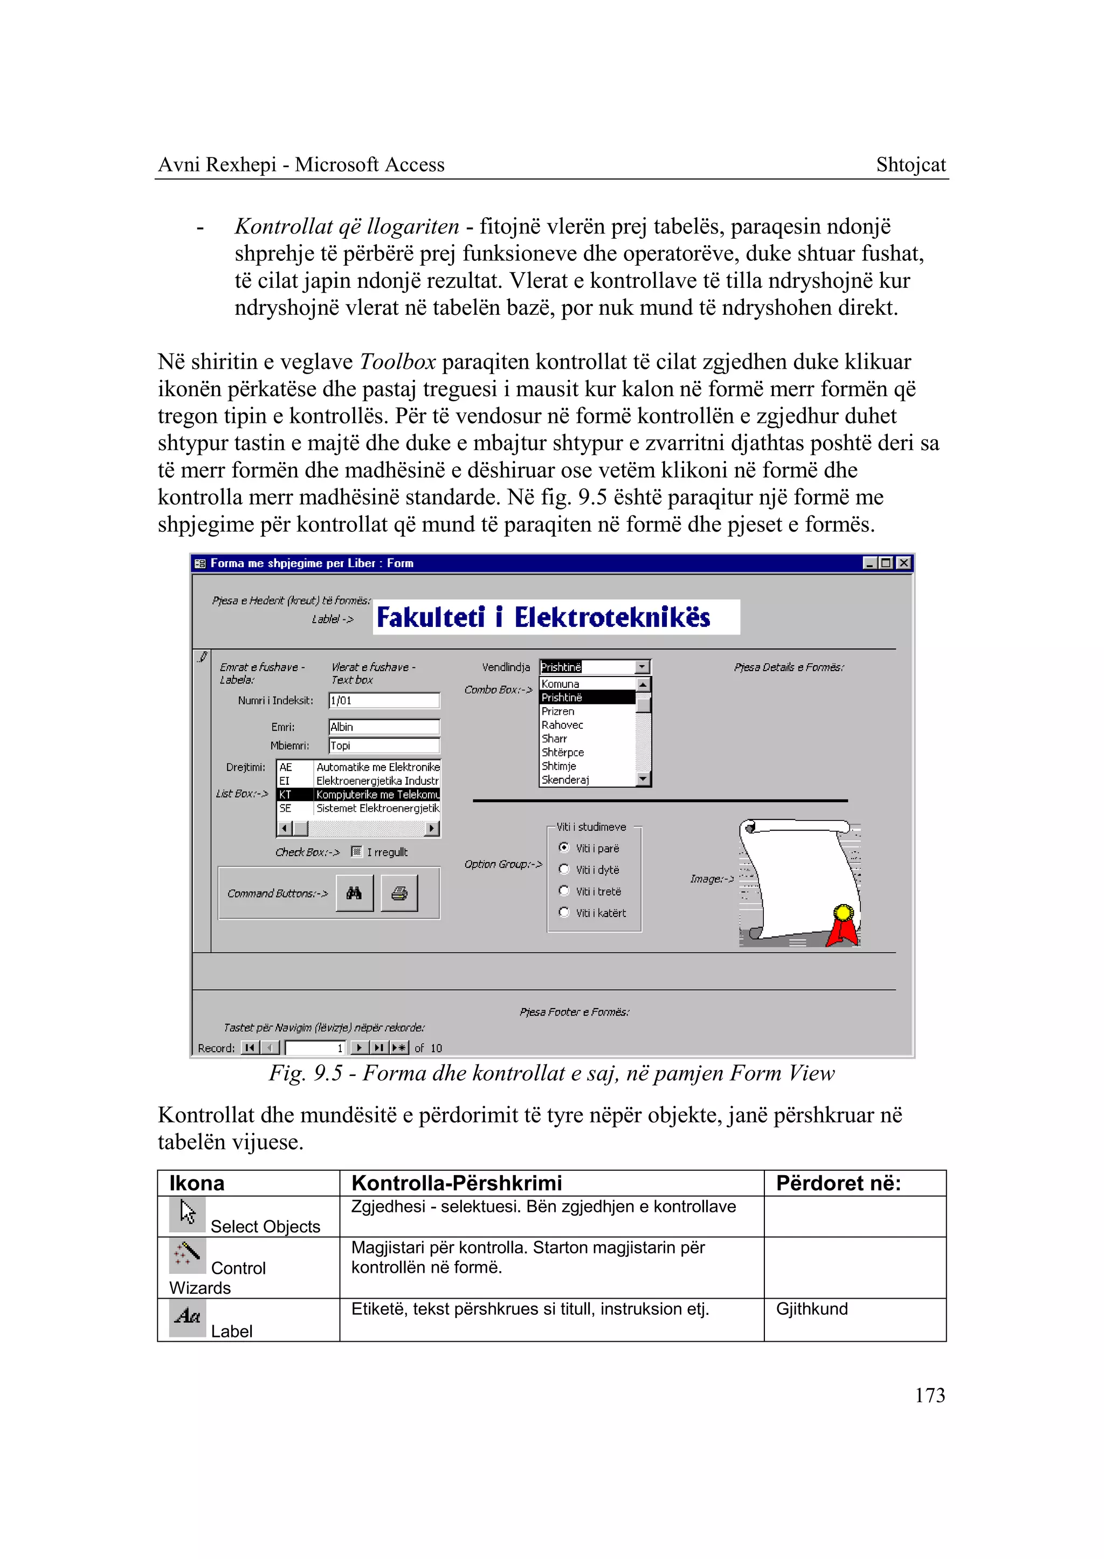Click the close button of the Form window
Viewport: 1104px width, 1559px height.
point(903,562)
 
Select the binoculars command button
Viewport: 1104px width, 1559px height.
point(354,893)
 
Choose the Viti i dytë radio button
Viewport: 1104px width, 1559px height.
point(563,869)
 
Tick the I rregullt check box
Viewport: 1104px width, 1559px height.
point(356,851)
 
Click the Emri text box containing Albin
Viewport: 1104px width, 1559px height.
point(383,727)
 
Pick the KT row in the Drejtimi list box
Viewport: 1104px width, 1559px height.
point(358,794)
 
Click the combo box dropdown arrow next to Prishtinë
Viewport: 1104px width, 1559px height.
point(643,667)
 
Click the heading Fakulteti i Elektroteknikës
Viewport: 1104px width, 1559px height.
point(543,617)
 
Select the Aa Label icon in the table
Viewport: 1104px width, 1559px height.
point(187,1317)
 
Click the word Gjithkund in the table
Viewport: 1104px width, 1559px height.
point(812,1309)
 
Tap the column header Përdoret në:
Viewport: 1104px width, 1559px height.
point(838,1184)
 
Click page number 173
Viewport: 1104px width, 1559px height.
point(929,1395)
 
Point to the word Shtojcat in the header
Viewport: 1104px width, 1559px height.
point(910,164)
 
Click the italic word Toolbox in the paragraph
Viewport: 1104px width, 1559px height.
point(397,362)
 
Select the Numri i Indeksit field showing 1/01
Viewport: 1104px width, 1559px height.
point(383,700)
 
